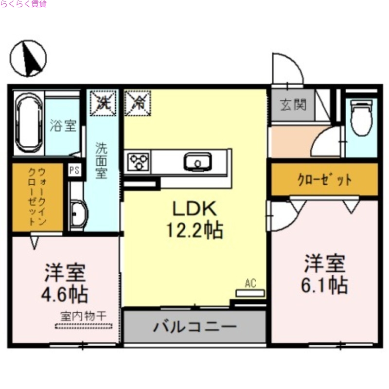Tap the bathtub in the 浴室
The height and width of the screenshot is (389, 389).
pyautogui.click(x=29, y=124)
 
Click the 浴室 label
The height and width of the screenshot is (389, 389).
pyautogui.click(x=63, y=125)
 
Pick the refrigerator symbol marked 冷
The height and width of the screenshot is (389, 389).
pyautogui.click(x=138, y=103)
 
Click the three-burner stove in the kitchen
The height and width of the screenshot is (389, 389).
pyautogui.click(x=139, y=161)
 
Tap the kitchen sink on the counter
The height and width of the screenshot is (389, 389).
pyautogui.click(x=197, y=161)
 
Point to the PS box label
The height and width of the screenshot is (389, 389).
pyautogui.click(x=74, y=170)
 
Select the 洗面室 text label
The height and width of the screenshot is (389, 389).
pyautogui.click(x=101, y=160)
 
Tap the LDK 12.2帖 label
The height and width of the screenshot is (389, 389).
pyautogui.click(x=194, y=220)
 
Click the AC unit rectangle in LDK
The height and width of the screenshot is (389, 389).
pyautogui.click(x=250, y=293)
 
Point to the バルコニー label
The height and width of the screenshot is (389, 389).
pyautogui.click(x=195, y=326)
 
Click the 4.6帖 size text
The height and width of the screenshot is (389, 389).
pyautogui.click(x=65, y=294)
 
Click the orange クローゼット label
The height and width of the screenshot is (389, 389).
pyautogui.click(x=324, y=180)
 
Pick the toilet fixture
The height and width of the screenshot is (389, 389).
pyautogui.click(x=361, y=119)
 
